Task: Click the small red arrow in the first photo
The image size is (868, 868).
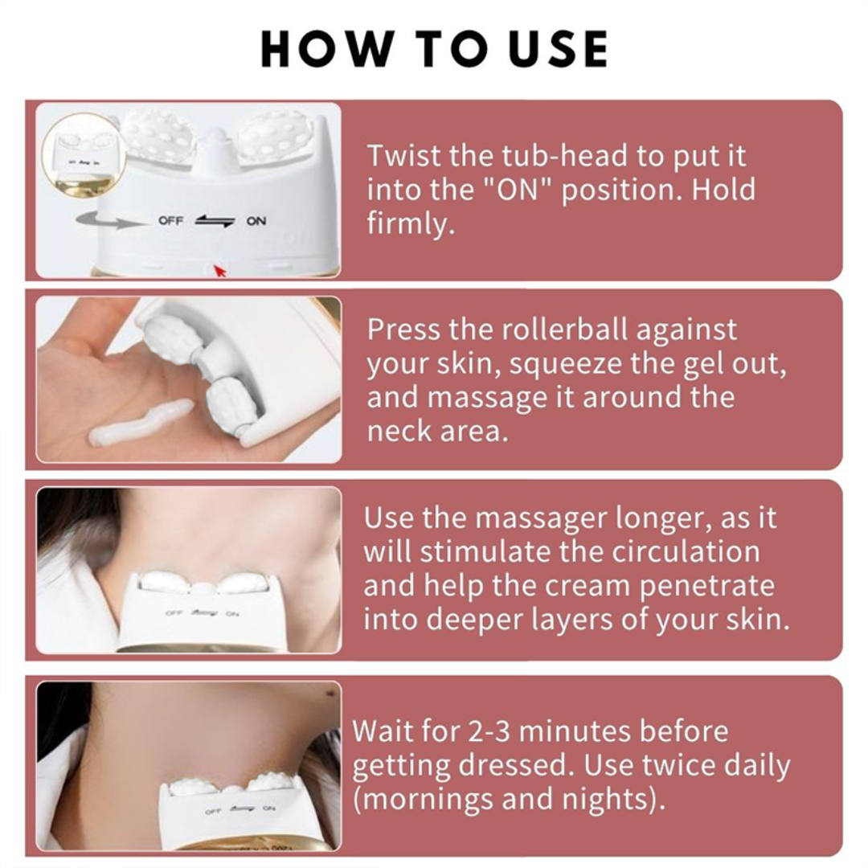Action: coord(219,270)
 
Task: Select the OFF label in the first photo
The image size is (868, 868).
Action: coord(170,221)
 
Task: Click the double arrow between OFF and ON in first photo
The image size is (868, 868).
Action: coord(215,221)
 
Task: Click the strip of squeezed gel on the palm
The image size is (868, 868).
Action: coord(141,424)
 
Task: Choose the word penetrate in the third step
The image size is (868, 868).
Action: coord(707,586)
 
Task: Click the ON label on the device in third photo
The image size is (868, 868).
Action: coord(233,613)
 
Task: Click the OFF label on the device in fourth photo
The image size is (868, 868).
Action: coord(212,811)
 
